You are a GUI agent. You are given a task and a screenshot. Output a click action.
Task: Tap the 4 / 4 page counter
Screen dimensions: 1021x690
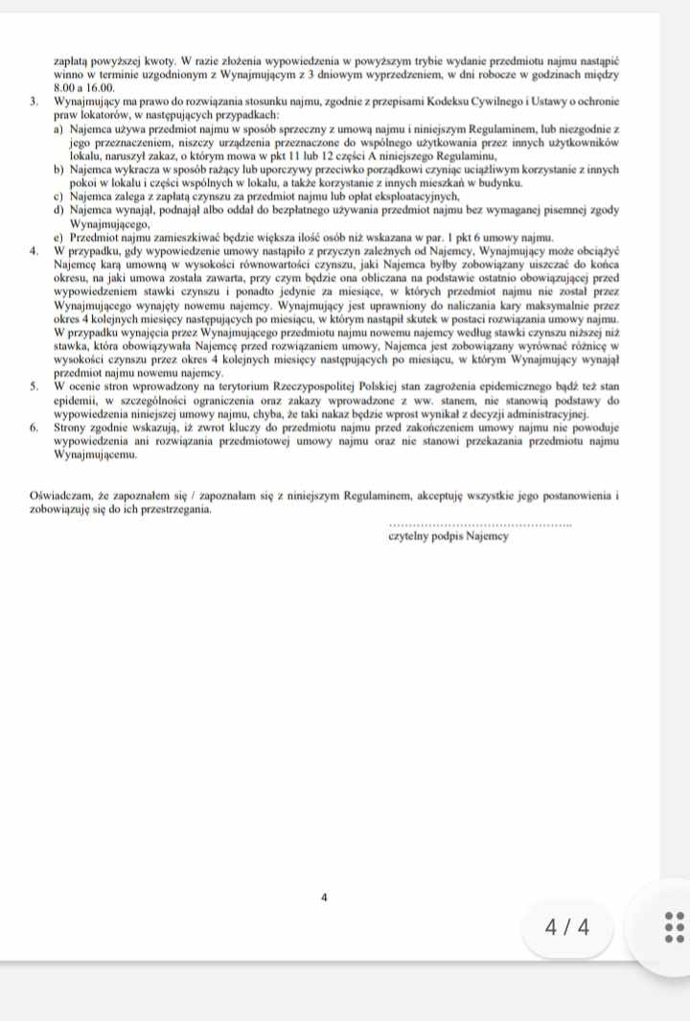(x=566, y=927)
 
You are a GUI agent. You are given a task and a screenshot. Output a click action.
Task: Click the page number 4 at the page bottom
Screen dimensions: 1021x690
(x=324, y=897)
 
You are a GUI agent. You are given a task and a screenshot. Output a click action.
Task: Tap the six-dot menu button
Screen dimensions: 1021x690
(x=675, y=927)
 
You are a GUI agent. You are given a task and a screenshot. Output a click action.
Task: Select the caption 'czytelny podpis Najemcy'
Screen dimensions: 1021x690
(x=448, y=537)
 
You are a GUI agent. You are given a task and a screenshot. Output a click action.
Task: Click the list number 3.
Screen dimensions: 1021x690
(x=34, y=101)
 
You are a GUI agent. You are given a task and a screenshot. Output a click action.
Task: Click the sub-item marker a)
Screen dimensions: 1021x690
(x=59, y=128)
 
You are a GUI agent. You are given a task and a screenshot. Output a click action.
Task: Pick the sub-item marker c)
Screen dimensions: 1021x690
(x=59, y=196)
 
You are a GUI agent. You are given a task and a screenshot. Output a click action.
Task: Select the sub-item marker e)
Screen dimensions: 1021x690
(x=59, y=236)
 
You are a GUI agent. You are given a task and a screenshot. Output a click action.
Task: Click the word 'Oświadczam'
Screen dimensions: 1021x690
(x=60, y=496)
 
